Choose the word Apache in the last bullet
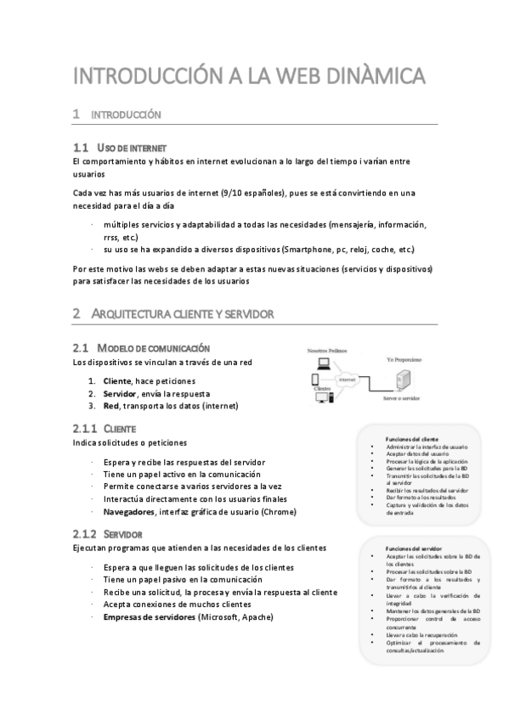256,616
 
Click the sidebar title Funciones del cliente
411,438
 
